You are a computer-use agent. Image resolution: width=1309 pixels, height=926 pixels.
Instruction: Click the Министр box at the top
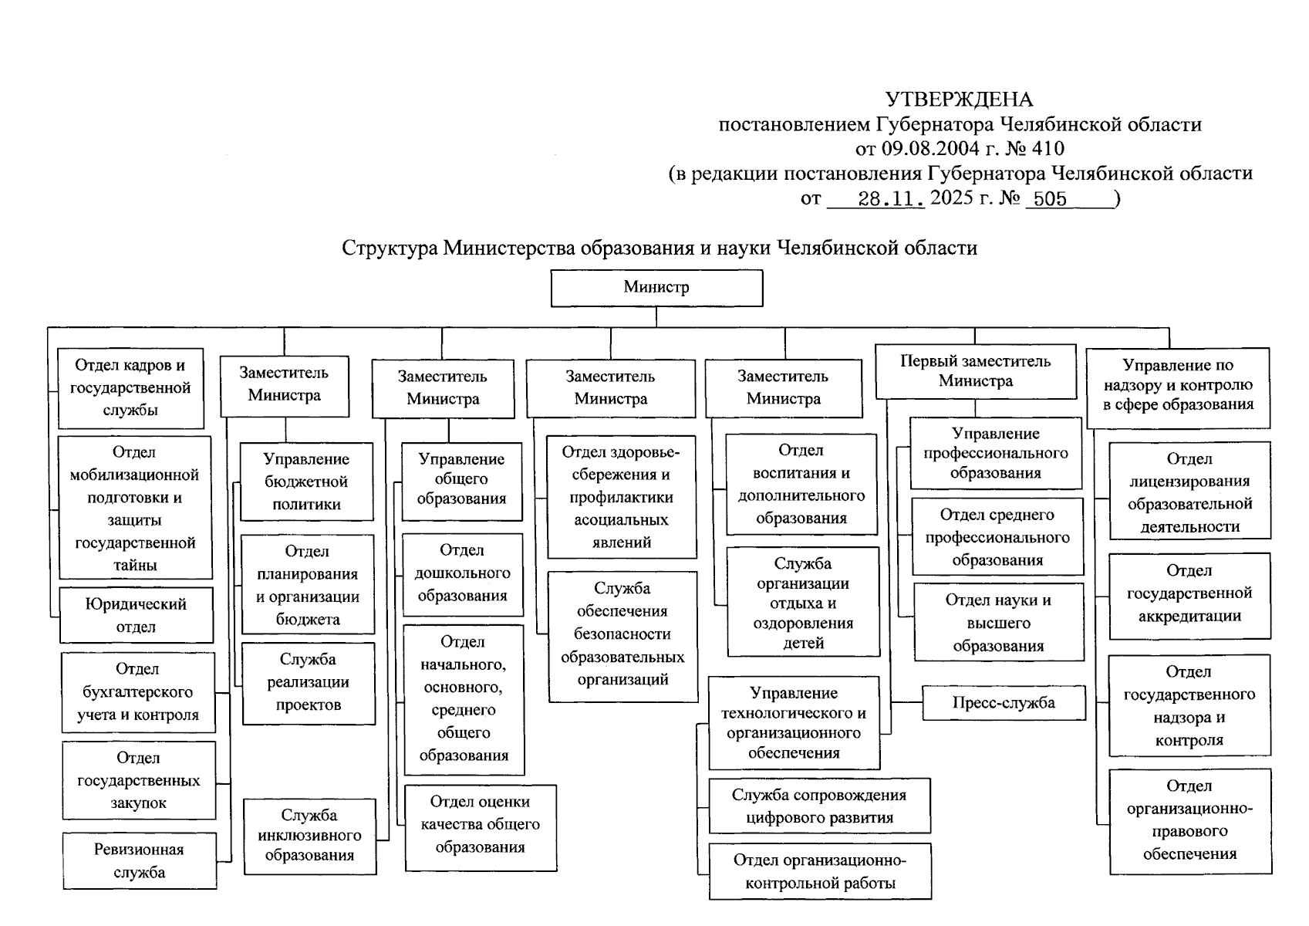coord(656,288)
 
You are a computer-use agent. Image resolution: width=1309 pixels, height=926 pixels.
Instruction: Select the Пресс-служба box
coord(1003,703)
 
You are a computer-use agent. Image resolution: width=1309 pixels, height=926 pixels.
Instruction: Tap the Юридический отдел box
coord(136,616)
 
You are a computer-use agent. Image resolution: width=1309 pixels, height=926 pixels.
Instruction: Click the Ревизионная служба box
coord(139,861)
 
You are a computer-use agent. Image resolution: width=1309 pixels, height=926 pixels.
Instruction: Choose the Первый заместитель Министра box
coord(975,371)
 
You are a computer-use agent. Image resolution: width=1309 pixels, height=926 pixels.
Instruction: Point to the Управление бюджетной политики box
coord(306,482)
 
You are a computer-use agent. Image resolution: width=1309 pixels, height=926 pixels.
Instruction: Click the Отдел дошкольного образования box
coord(462,573)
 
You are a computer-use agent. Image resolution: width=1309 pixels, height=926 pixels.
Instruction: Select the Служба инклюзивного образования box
coord(309,836)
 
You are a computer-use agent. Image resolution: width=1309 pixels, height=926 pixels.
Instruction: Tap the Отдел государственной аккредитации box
coord(1189,593)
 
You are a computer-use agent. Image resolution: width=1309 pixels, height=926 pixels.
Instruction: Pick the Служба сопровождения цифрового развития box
coord(819,806)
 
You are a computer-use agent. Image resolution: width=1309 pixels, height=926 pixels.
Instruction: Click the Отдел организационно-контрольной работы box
coord(820,872)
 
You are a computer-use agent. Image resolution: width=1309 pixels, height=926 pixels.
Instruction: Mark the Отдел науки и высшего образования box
coord(998,623)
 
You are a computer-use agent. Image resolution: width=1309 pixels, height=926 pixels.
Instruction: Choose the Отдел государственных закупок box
coord(139,780)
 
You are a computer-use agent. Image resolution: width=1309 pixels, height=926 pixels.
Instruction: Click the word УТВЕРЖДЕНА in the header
coord(959,100)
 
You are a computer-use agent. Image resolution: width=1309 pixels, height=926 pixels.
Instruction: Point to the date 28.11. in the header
coord(891,199)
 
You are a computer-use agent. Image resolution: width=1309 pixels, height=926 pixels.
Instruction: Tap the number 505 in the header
coord(1050,199)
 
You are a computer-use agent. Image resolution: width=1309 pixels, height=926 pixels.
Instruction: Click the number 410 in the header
coord(1048,148)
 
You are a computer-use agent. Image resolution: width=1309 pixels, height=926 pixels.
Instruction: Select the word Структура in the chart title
coord(390,248)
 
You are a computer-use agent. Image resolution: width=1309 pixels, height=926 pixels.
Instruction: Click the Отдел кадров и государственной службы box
coord(130,387)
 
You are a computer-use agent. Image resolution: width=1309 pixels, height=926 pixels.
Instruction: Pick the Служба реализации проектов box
coord(309,682)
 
